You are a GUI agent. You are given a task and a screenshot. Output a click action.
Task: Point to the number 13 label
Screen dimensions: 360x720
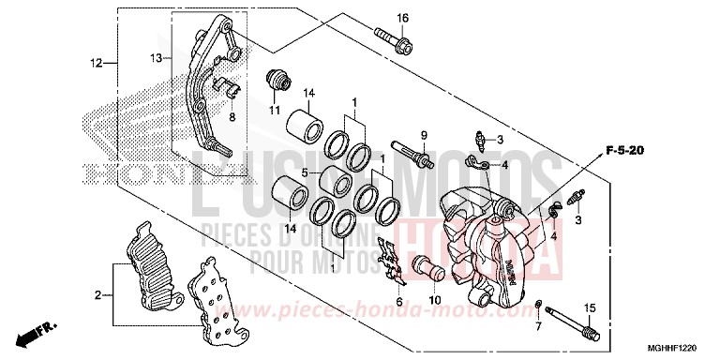[157, 58]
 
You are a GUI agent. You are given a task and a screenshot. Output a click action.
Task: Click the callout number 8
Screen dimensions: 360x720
[232, 118]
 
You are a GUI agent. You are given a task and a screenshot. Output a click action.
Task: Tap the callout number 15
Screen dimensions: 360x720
[590, 308]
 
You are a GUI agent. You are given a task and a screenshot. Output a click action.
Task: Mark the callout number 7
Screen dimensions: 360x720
[538, 327]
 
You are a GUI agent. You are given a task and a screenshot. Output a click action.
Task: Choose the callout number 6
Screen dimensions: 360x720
[398, 302]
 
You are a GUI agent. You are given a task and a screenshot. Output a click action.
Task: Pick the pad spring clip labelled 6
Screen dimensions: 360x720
[389, 260]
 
